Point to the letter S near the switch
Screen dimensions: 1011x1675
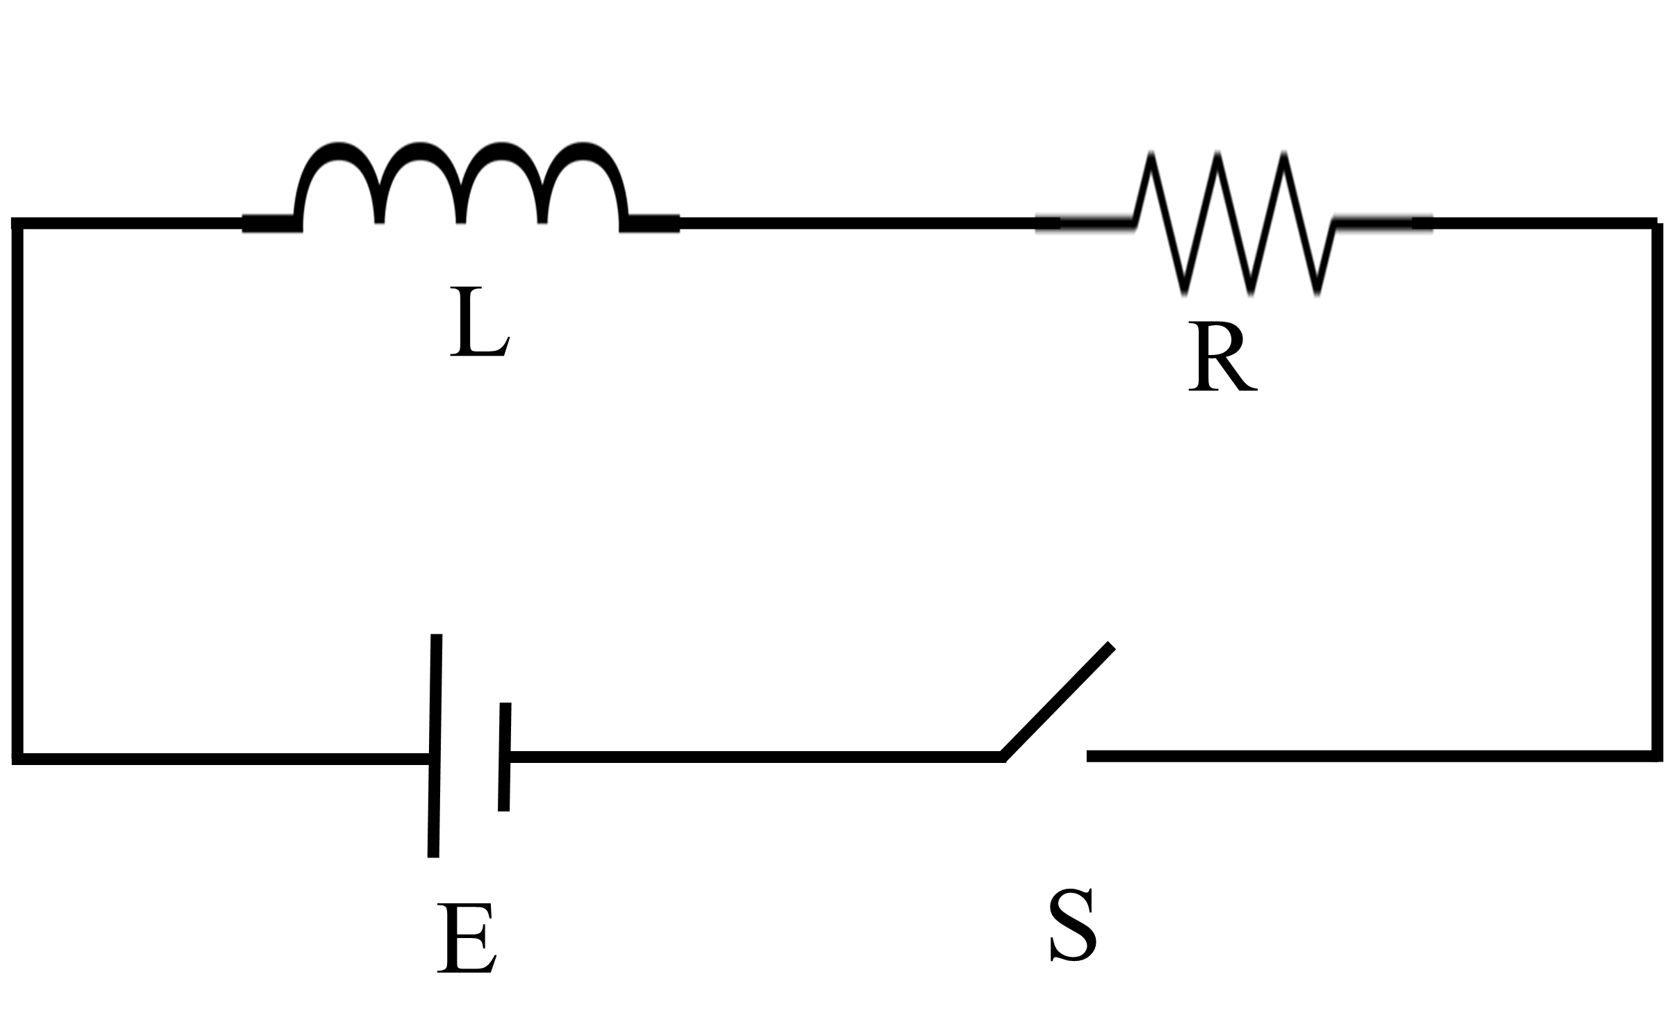1073,926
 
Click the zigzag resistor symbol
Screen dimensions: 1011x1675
1234,222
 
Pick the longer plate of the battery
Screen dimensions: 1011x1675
435,745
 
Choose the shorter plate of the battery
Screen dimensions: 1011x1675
505,756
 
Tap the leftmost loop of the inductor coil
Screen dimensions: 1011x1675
339,167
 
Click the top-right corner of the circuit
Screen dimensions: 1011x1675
1658,224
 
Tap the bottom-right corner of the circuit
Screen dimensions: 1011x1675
1658,756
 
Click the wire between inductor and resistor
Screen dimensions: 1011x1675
855,223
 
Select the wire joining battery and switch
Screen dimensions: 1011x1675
751,757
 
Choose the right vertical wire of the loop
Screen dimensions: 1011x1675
1658,486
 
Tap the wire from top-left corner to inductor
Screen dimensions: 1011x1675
129,223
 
